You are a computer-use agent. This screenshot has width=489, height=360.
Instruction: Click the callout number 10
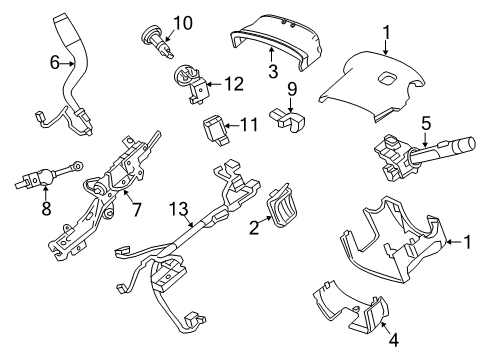pyautogui.click(x=181, y=22)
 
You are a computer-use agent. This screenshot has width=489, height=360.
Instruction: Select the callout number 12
pyautogui.click(x=233, y=84)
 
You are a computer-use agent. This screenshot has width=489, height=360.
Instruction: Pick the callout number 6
pyautogui.click(x=55, y=61)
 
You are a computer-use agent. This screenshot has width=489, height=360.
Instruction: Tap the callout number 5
pyautogui.click(x=424, y=126)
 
